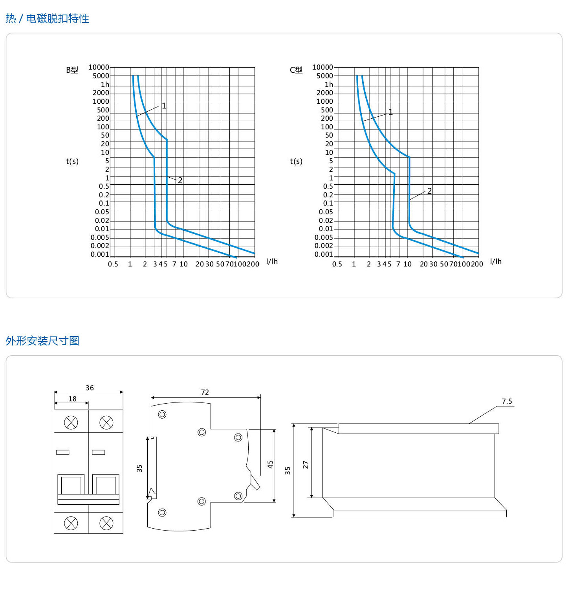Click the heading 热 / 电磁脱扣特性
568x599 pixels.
(x=48, y=18)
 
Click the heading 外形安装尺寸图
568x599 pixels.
(x=42, y=341)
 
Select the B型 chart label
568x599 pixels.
(x=72, y=70)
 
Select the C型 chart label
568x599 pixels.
(x=296, y=70)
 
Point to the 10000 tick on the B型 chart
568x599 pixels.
(x=99, y=67)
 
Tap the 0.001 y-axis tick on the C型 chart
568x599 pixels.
(x=324, y=254)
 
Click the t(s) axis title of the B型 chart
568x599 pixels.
(x=72, y=161)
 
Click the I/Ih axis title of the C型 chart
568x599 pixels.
(x=496, y=261)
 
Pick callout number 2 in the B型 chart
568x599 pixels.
(x=180, y=180)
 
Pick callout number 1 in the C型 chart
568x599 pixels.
(x=390, y=112)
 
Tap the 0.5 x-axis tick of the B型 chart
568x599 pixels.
(x=113, y=264)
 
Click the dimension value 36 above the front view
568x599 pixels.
(x=90, y=388)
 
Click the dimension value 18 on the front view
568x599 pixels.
(x=72, y=399)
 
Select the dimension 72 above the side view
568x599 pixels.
(x=205, y=392)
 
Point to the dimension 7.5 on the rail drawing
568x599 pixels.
(x=507, y=401)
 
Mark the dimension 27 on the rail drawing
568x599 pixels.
(x=306, y=465)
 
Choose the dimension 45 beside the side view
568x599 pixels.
(x=270, y=465)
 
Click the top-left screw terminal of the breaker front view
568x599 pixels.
(x=71, y=423)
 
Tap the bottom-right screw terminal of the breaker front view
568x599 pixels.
(x=106, y=523)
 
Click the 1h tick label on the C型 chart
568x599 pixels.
(x=329, y=85)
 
